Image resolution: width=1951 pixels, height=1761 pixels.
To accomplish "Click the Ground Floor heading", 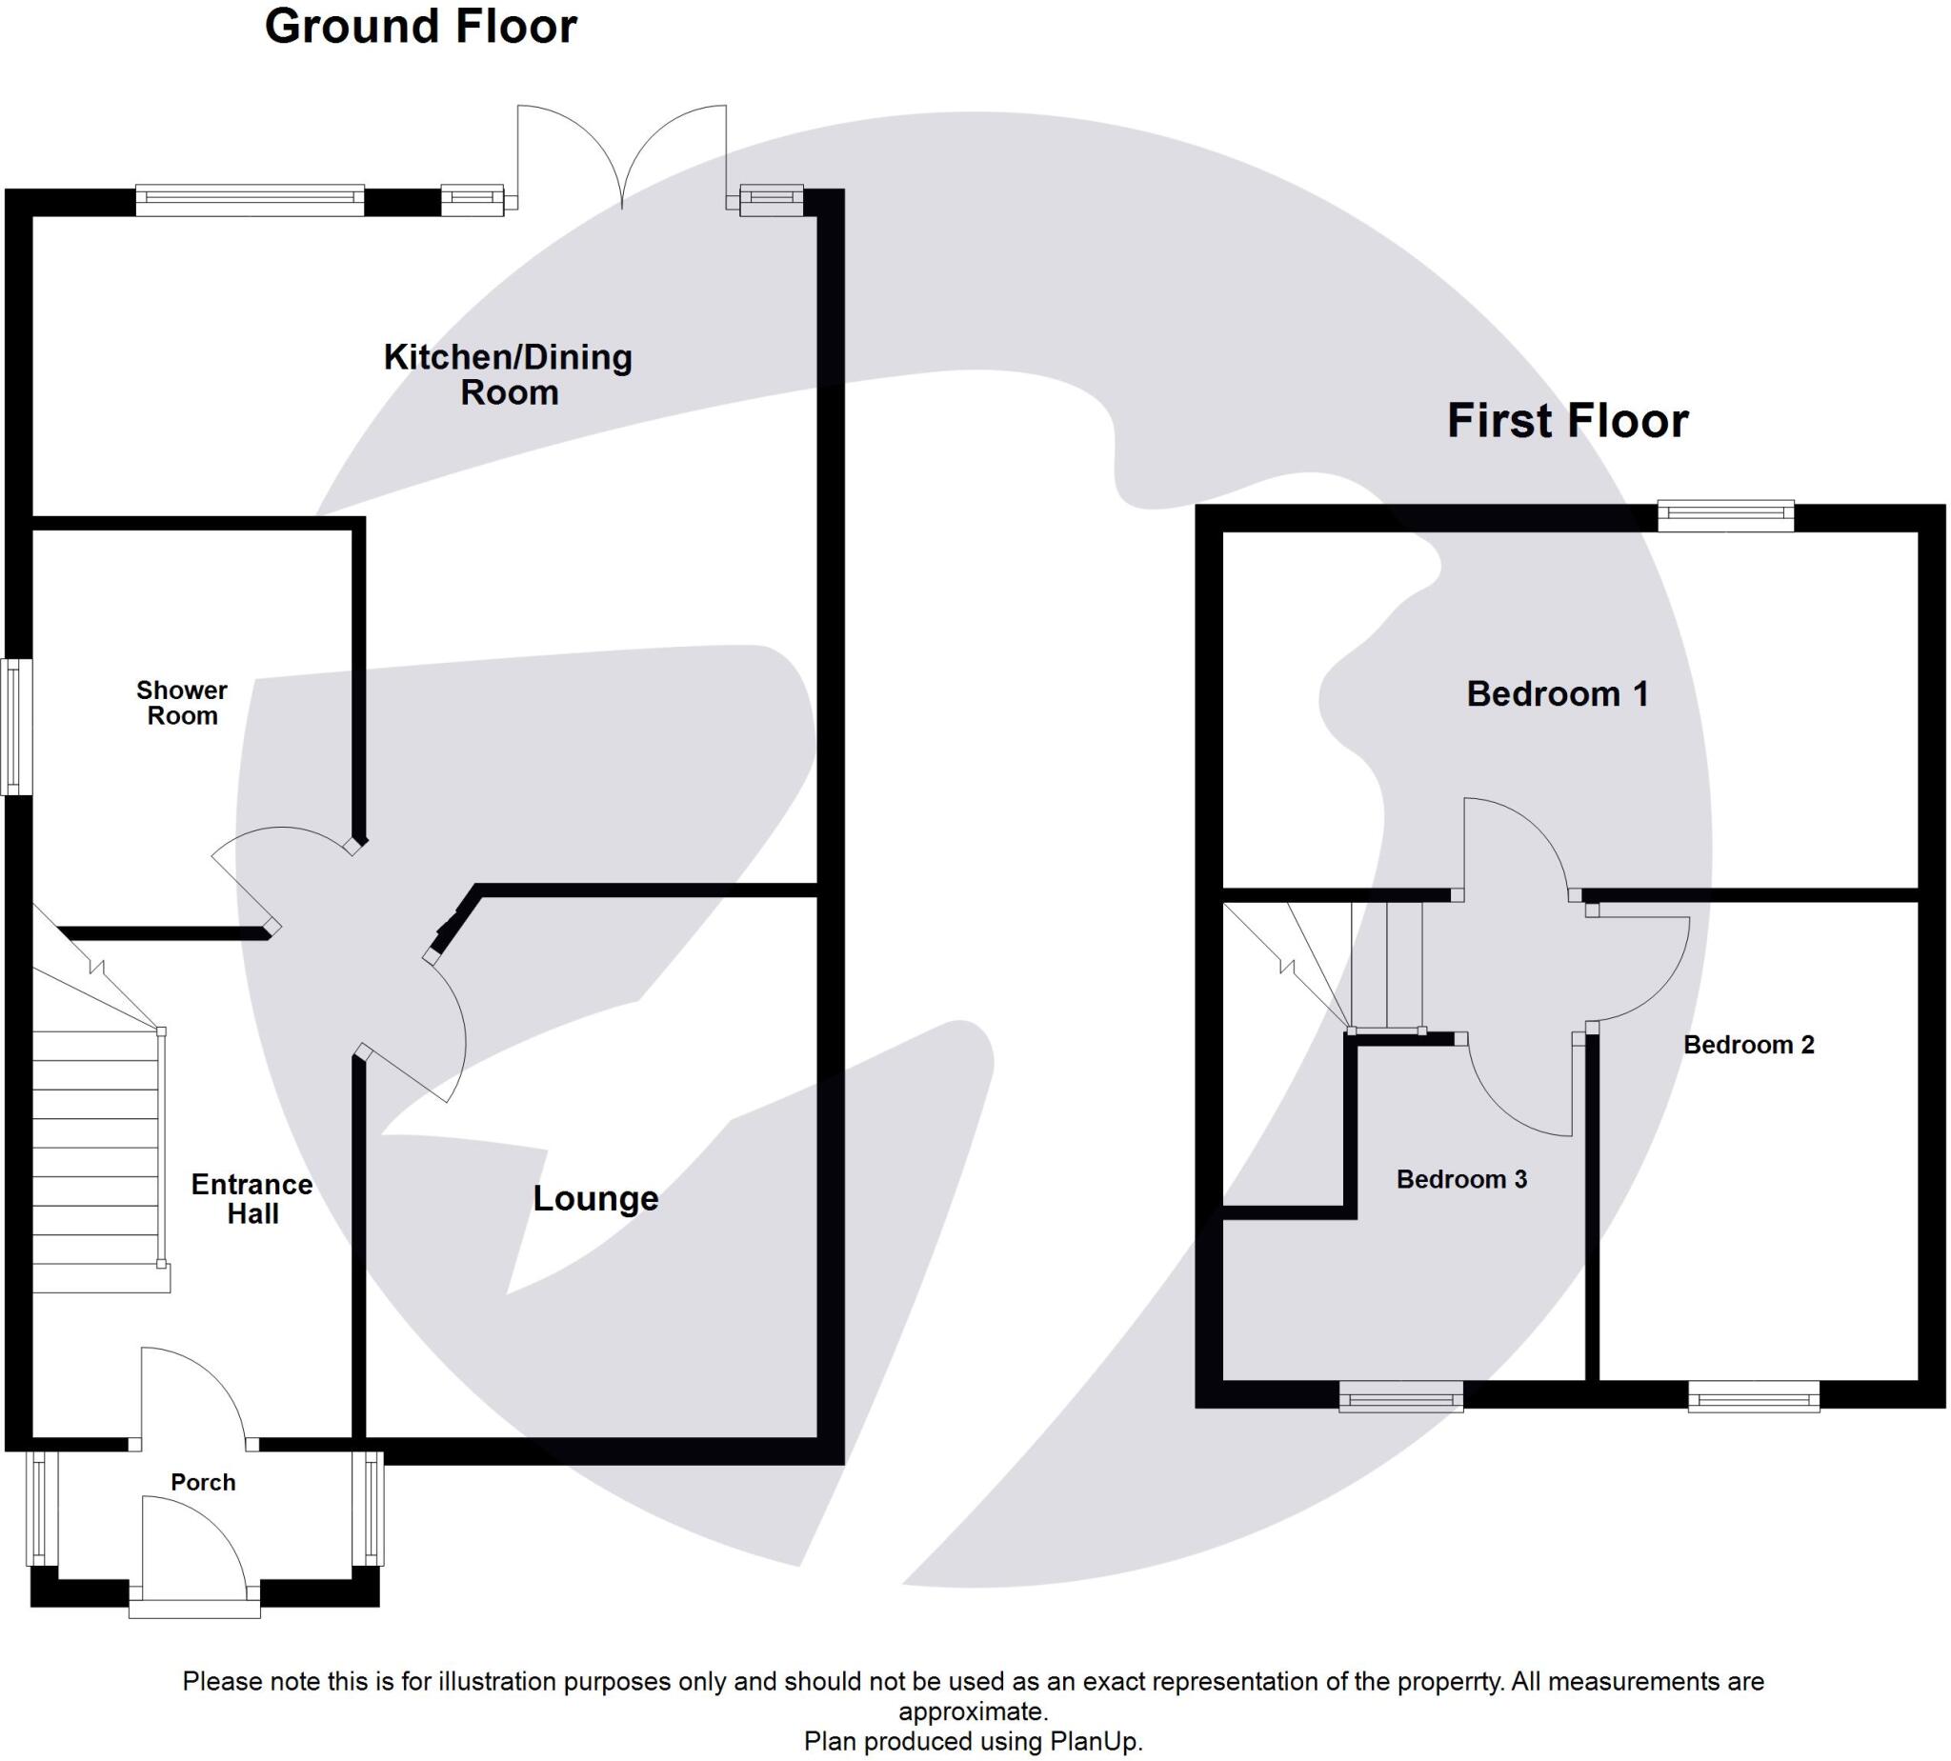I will [x=420, y=26].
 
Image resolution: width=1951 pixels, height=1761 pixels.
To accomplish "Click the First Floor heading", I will [x=1567, y=421].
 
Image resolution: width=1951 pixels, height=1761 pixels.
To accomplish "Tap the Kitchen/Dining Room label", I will [x=508, y=374].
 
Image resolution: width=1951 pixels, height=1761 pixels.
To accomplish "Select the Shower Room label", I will [x=182, y=703].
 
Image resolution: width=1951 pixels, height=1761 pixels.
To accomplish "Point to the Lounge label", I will [x=595, y=1198].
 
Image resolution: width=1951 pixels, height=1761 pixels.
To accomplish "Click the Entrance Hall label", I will [x=251, y=1199].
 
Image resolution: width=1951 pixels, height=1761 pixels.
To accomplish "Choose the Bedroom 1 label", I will [x=1557, y=693].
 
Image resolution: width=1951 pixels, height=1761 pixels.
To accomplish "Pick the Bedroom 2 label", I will [x=1748, y=1045].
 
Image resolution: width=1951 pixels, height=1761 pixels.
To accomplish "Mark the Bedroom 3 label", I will [x=1460, y=1179].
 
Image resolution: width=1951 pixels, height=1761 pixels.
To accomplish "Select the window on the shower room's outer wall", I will [x=16, y=727].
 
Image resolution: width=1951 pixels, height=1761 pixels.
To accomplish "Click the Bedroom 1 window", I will [x=1725, y=515].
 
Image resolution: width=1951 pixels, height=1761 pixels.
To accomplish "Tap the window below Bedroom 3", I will [x=1400, y=1396].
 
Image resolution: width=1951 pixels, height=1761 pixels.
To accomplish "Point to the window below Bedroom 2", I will [x=1754, y=1396].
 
